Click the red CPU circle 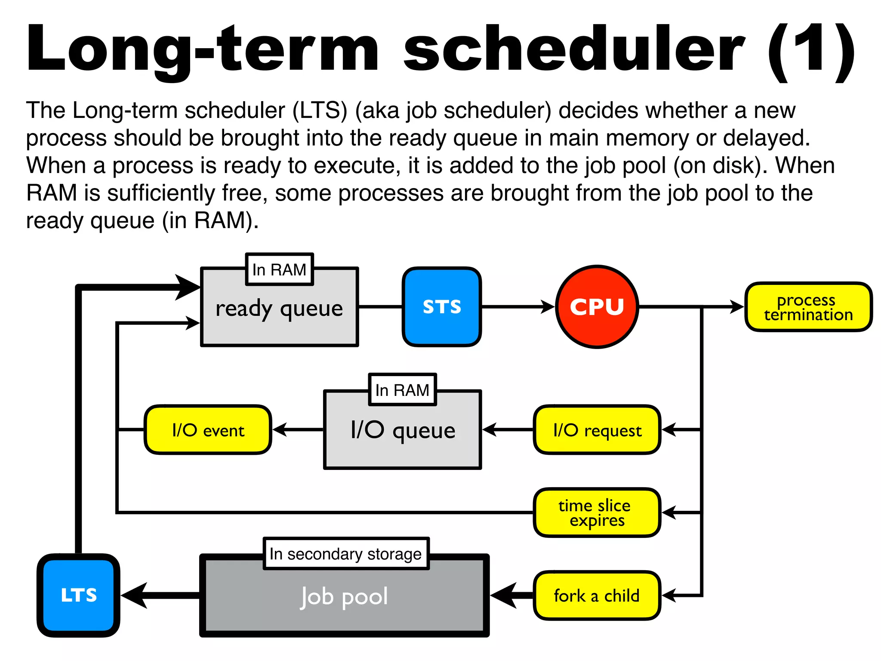pyautogui.click(x=597, y=306)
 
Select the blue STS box pyautogui.click(x=442, y=306)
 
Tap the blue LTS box pyautogui.click(x=78, y=595)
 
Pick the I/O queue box pyautogui.click(x=402, y=439)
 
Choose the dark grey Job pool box pyautogui.click(x=344, y=602)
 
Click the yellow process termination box pyautogui.click(x=808, y=307)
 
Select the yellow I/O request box pyautogui.click(x=597, y=429)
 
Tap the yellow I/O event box pyautogui.click(x=208, y=429)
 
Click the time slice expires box pyautogui.click(x=597, y=513)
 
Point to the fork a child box pyautogui.click(x=597, y=596)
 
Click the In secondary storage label pyautogui.click(x=346, y=553)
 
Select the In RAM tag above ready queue pyautogui.click(x=279, y=269)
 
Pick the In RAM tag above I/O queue pyautogui.click(x=402, y=390)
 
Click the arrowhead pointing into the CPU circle pyautogui.click(x=547, y=307)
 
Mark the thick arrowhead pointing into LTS pyautogui.click(x=134, y=596)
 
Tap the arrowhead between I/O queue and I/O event pyautogui.click(x=280, y=429)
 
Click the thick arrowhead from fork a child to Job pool pyautogui.click(x=504, y=596)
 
